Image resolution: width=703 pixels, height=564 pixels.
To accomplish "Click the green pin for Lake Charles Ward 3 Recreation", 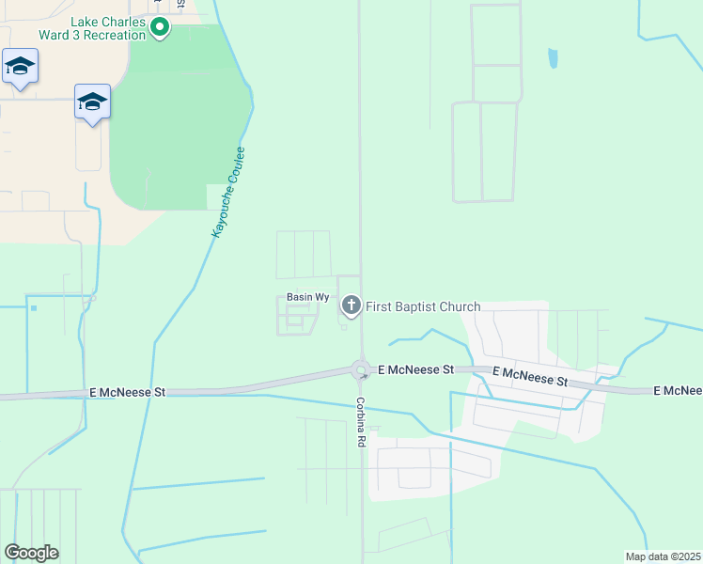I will (x=159, y=28).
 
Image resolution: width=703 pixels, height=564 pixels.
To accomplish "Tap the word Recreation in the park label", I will (x=116, y=35).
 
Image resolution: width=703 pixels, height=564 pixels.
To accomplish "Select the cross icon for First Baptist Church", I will (x=351, y=305).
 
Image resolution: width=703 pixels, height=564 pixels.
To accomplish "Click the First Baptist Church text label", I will (x=423, y=307).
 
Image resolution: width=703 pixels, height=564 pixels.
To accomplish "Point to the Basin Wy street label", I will (x=307, y=297).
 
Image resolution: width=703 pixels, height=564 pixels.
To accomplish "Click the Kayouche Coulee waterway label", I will (x=227, y=192).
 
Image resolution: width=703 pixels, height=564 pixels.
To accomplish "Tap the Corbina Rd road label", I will (x=360, y=420).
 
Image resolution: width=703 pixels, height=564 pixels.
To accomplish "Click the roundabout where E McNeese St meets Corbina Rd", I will (x=360, y=369).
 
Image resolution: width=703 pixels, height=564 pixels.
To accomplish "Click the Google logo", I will (x=31, y=553).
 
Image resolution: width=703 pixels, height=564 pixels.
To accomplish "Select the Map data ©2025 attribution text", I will (x=662, y=556).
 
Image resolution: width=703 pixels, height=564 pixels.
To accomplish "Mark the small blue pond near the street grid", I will (x=553, y=59).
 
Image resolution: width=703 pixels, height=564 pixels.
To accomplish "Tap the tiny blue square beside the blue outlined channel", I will (x=34, y=307).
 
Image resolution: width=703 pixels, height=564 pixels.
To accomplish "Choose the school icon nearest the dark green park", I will (x=92, y=102).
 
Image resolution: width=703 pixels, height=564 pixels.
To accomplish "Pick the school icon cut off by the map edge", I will (x=19, y=67).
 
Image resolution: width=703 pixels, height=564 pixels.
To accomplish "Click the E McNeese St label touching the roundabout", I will (x=415, y=371).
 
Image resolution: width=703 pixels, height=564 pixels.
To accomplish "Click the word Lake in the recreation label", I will (x=85, y=22).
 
